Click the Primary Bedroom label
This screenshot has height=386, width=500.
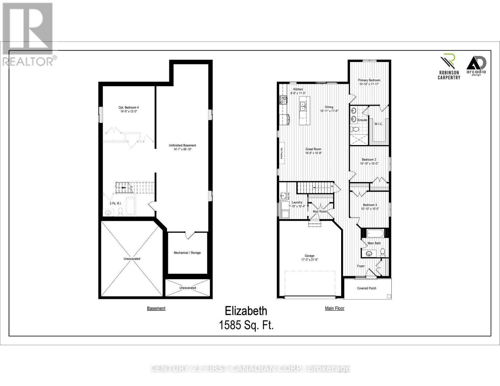tap(369, 80)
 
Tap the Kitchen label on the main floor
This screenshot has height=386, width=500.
tap(298, 89)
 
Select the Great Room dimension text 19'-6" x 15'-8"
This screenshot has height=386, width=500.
tap(313, 153)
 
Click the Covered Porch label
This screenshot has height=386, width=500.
tap(367, 288)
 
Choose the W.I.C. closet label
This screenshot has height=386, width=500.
tap(378, 124)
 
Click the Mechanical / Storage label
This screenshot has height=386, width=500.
tap(187, 253)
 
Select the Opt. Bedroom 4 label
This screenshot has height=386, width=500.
tap(129, 107)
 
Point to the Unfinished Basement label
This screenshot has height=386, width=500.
tap(182, 145)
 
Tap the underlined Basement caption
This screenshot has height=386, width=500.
tap(156, 308)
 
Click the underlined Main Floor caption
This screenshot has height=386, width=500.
tap(334, 308)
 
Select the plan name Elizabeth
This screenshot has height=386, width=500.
tap(246, 311)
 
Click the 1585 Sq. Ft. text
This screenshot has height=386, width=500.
tap(246, 325)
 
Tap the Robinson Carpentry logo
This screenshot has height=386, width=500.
tap(449, 66)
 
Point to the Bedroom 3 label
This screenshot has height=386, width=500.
tap(370, 205)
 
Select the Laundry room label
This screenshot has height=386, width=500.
tap(297, 202)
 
